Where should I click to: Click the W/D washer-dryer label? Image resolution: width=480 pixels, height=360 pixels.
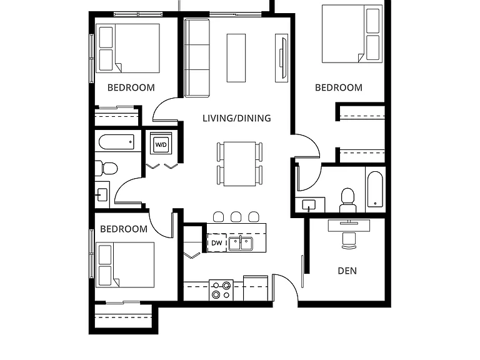161,144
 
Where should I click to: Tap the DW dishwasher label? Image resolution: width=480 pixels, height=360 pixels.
217,243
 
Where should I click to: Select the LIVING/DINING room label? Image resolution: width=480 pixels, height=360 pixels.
237,118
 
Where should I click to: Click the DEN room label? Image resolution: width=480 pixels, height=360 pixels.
347,271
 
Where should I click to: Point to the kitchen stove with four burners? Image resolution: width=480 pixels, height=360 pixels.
221,290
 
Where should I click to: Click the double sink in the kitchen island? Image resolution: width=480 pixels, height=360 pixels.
241,244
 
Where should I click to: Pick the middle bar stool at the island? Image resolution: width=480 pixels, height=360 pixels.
236,216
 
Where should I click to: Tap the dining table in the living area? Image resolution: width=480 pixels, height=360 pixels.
240,164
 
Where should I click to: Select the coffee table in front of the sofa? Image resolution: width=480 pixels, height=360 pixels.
236,58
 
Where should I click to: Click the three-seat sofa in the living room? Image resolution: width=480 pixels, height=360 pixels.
197,58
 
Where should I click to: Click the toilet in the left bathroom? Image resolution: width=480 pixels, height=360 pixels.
106,168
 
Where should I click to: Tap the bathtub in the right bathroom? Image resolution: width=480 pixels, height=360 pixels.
375,189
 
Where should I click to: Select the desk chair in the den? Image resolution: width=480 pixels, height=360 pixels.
349,241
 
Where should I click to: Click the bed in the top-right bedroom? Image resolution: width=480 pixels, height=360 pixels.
352,34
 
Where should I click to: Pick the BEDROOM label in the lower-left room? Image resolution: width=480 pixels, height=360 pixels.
124,229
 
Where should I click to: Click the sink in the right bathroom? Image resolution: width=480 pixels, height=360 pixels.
309,204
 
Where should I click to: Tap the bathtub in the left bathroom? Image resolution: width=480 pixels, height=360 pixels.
117,142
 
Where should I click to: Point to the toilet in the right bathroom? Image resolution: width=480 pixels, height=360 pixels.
347,200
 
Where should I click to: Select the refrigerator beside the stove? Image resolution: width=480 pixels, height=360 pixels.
256,288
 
